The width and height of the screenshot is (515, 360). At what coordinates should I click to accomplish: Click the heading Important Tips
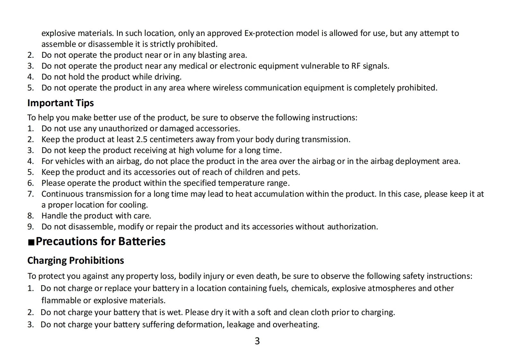tap(60, 103)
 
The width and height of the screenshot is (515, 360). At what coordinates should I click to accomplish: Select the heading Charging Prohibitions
tap(75, 260)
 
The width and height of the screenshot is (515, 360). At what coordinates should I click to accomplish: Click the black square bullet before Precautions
tap(31, 242)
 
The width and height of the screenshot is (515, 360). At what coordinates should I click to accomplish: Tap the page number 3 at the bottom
tap(257, 341)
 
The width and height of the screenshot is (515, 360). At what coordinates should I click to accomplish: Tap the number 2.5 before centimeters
tap(142, 139)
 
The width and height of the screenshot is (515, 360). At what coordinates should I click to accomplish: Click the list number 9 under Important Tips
tap(30, 227)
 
